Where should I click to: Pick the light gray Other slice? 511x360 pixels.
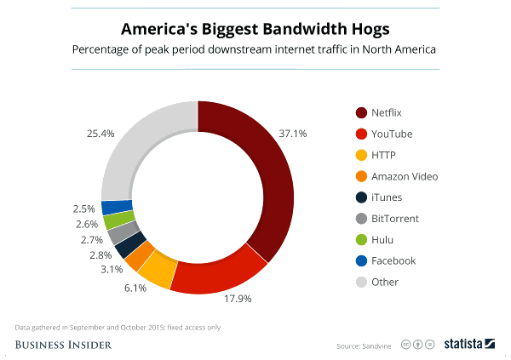pos(136,149)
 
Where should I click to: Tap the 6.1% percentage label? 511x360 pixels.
pos(135,288)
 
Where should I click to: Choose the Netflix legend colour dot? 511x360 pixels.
pos(360,113)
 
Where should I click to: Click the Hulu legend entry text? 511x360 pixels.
pos(388,240)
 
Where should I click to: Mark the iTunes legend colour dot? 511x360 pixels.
pos(360,197)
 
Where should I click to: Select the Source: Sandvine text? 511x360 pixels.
pos(363,345)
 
